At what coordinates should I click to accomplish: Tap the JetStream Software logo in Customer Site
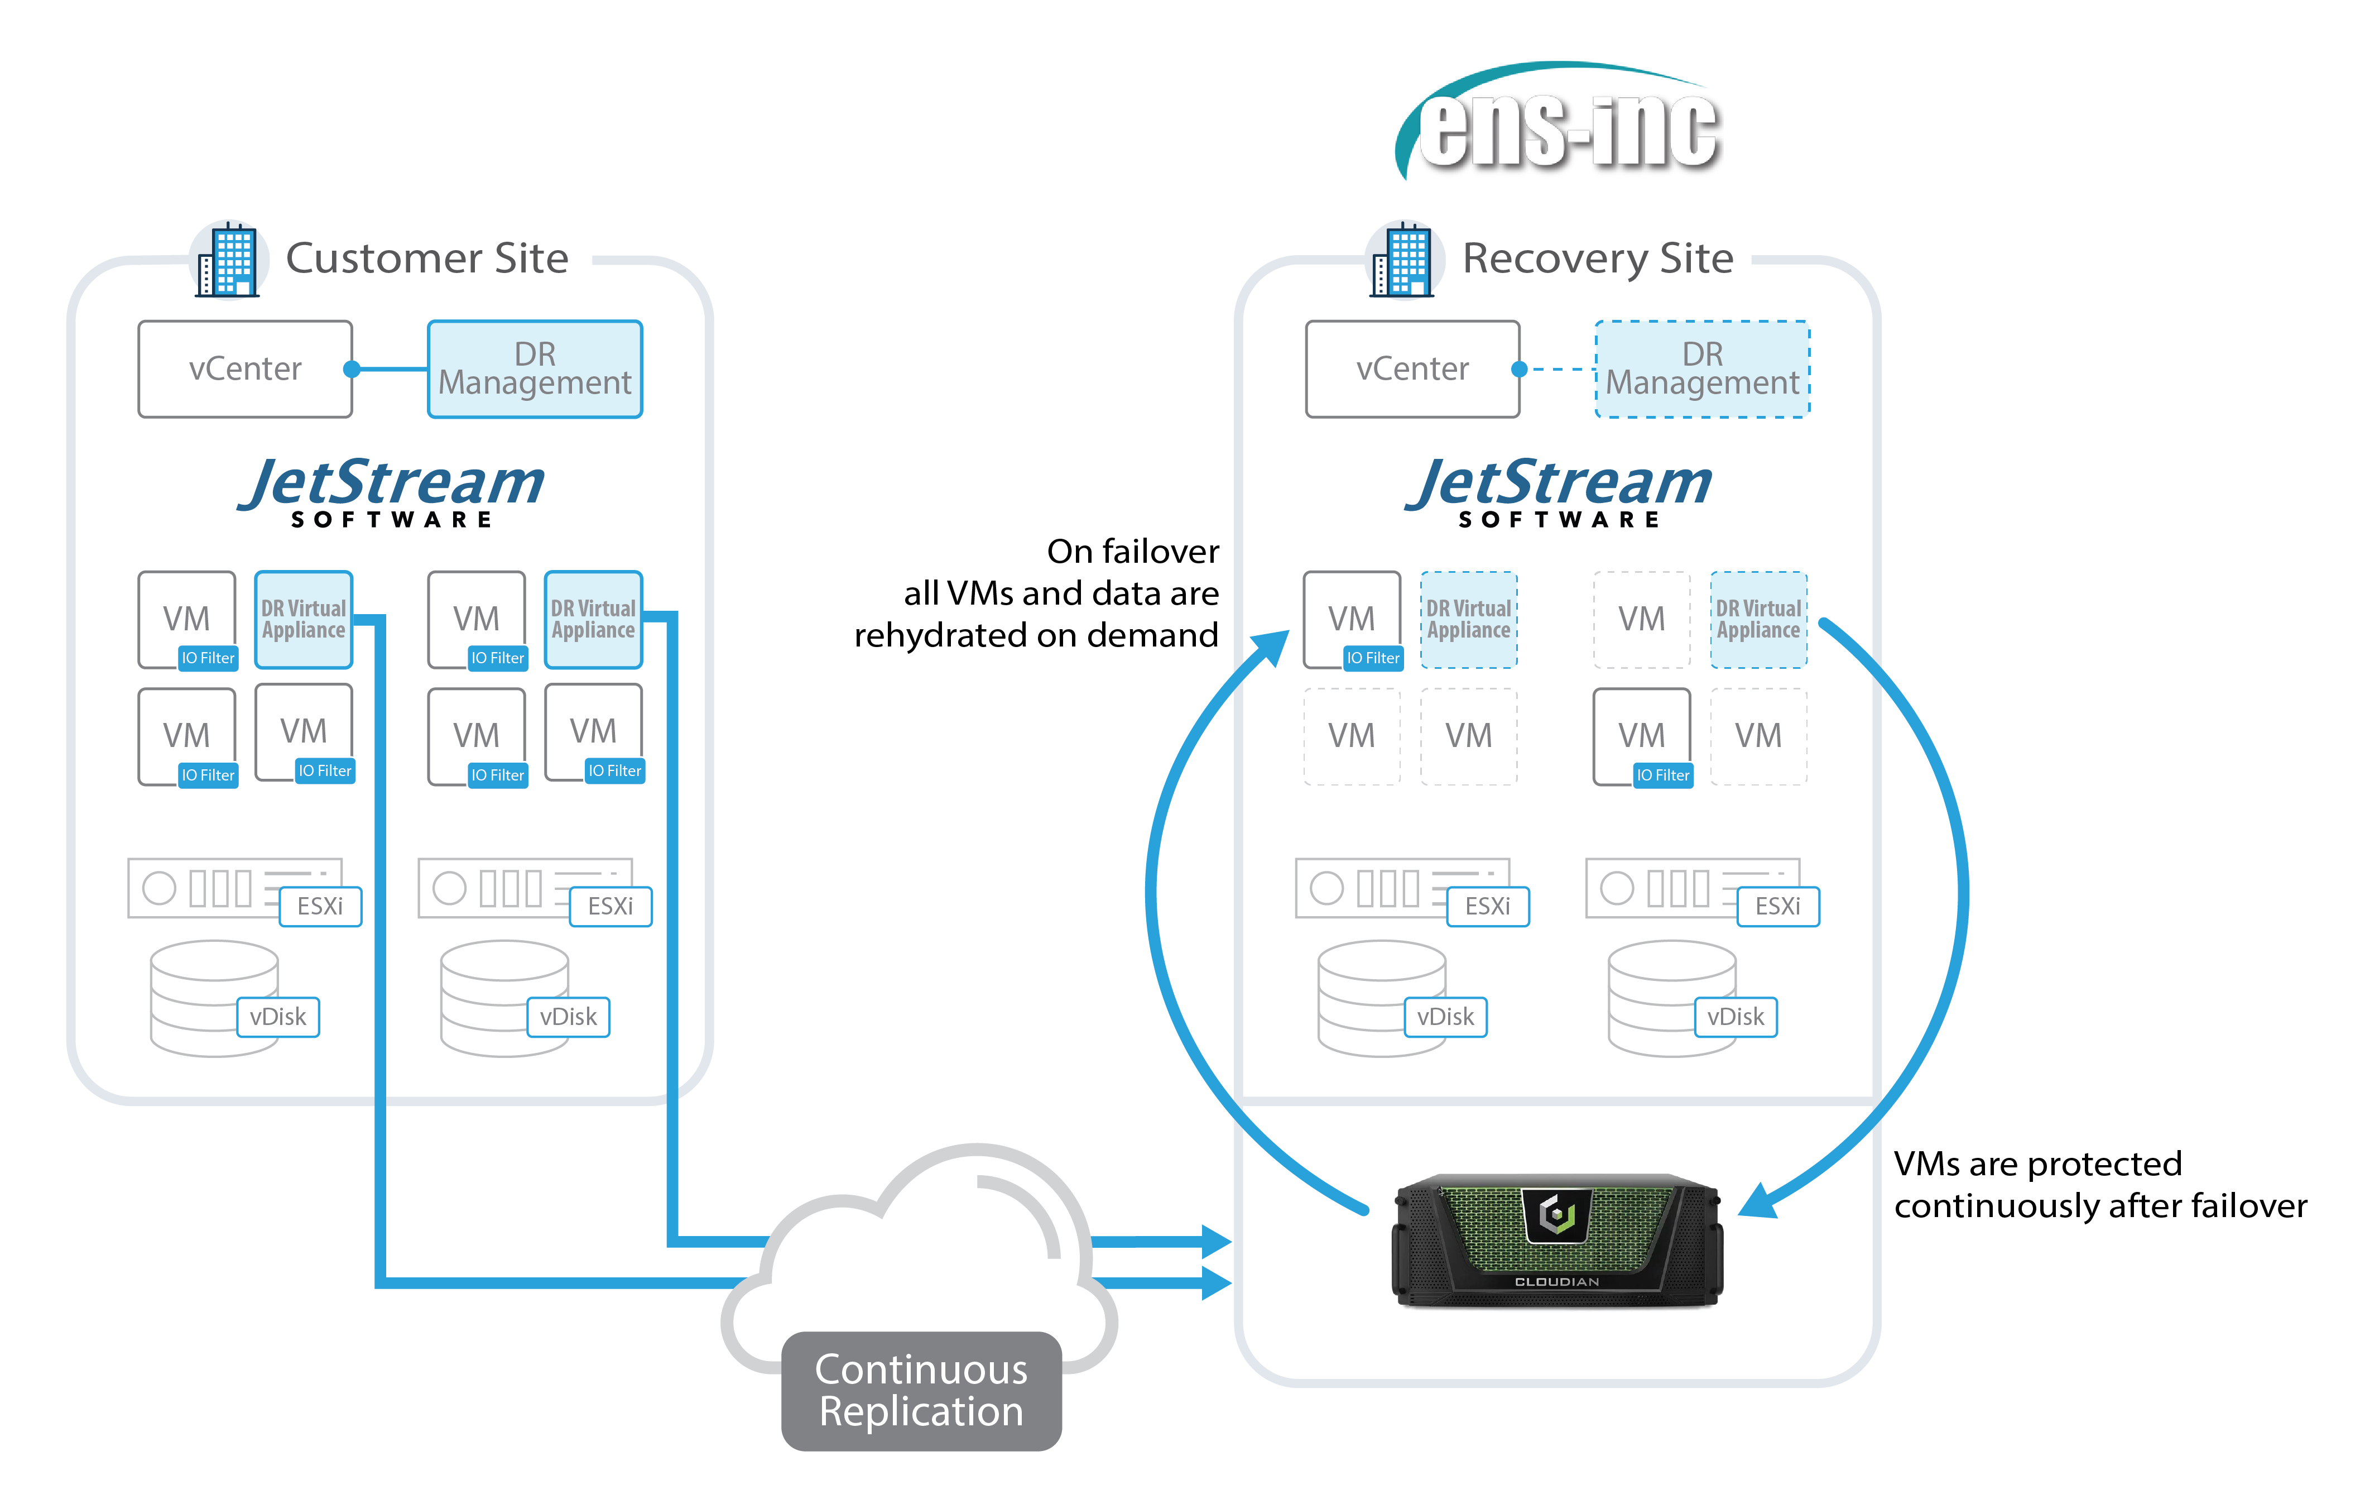391,491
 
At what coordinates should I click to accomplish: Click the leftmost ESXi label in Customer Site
320,906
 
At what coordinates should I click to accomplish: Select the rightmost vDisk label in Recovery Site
1736,1017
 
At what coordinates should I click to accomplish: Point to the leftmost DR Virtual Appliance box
304,620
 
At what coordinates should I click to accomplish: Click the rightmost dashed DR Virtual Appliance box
1758,620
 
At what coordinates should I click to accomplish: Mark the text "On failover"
1132,551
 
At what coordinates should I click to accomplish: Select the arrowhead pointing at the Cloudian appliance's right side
1758,1200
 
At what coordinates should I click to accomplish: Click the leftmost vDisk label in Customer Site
278,1017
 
